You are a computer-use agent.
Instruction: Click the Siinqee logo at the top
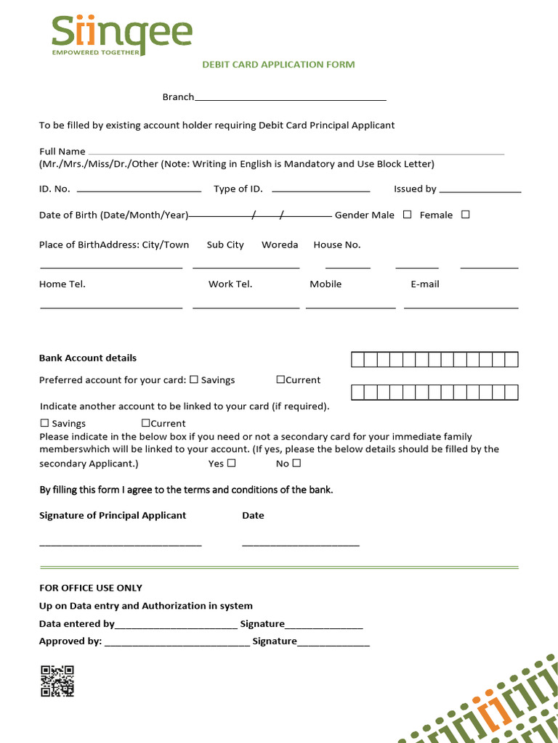pos(121,35)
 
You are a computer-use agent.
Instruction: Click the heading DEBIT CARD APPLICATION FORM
pos(278,65)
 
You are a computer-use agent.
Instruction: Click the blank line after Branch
pos(291,98)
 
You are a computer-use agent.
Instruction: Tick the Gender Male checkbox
pos(407,215)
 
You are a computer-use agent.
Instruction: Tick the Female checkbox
pos(466,215)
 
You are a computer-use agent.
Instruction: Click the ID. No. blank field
pos(138,189)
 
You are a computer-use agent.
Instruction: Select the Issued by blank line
pos(480,189)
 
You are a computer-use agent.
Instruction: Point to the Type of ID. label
pos(238,189)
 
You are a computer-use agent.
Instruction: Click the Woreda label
pos(280,245)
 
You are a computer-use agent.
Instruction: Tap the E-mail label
pos(425,284)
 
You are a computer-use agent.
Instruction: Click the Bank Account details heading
pos(87,358)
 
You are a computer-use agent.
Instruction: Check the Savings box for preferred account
pos(194,379)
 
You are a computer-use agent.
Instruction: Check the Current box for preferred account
pos(280,379)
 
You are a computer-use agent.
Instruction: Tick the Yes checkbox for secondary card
pos(231,463)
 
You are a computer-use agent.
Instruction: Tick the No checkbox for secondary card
pos(296,463)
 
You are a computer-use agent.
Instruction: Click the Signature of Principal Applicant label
pos(113,516)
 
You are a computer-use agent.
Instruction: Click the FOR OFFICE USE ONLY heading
pos(91,588)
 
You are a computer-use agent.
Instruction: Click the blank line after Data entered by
pos(176,625)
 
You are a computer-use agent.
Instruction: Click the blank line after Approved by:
pos(177,642)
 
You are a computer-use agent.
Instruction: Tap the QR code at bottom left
pos(57,681)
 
